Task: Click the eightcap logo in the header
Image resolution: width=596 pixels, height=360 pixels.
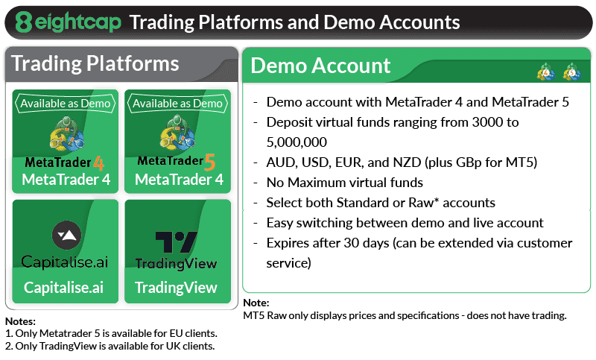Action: pyautogui.click(x=69, y=22)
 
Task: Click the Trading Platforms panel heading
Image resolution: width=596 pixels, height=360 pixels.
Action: pyautogui.click(x=95, y=63)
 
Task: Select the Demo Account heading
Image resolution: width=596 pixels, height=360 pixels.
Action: pyautogui.click(x=320, y=66)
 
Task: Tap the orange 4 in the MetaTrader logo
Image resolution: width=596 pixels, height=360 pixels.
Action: pyautogui.click(x=98, y=163)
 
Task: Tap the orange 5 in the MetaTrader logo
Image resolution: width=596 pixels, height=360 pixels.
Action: pyautogui.click(x=210, y=162)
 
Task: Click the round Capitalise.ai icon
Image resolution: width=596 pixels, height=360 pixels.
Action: pyautogui.click(x=66, y=235)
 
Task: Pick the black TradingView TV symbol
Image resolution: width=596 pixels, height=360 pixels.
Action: pyautogui.click(x=177, y=242)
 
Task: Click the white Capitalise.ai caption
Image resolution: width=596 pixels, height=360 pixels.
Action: pyautogui.click(x=63, y=288)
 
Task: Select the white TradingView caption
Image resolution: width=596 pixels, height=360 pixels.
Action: pyautogui.click(x=176, y=288)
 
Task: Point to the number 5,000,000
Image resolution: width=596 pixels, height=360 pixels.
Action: pyautogui.click(x=297, y=142)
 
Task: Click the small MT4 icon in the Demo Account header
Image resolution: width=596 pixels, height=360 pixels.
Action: pyautogui.click(x=546, y=72)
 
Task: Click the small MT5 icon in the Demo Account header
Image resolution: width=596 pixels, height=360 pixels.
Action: pyautogui.click(x=572, y=72)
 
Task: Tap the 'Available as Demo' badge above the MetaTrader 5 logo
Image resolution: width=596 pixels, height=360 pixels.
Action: pyautogui.click(x=177, y=104)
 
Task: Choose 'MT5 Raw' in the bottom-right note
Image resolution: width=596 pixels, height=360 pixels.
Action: pyautogui.click(x=265, y=315)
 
